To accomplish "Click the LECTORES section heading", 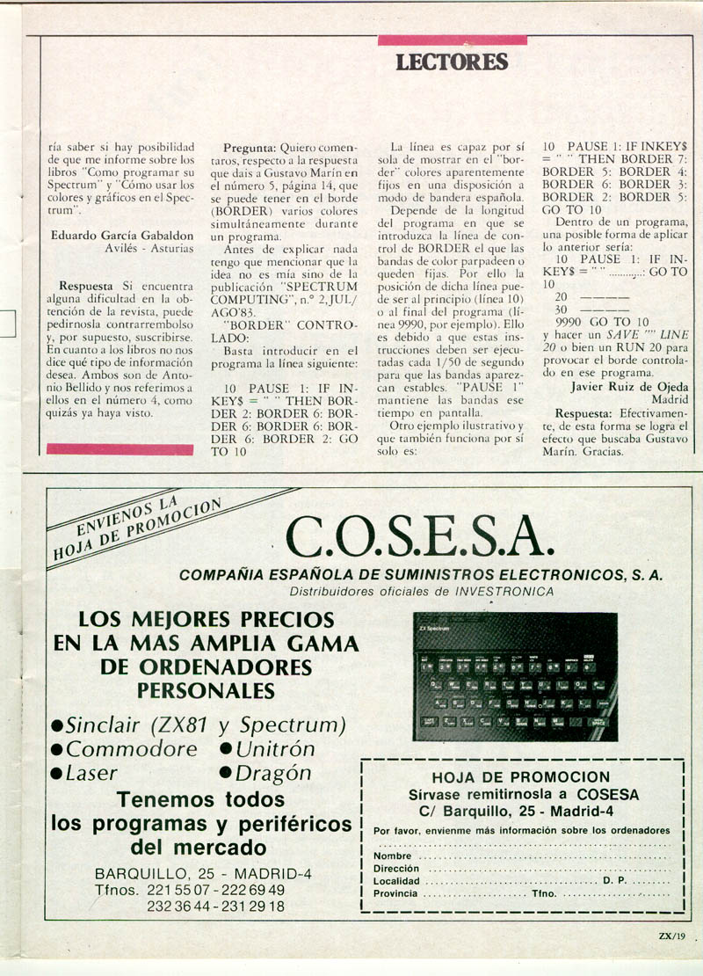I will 452,62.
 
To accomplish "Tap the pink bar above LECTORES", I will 452,40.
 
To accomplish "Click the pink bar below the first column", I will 120,449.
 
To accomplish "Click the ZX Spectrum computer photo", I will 515,677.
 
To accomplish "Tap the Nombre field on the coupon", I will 393,856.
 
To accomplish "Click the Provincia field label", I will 396,893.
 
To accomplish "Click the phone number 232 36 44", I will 177,907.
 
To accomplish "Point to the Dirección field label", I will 396,868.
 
